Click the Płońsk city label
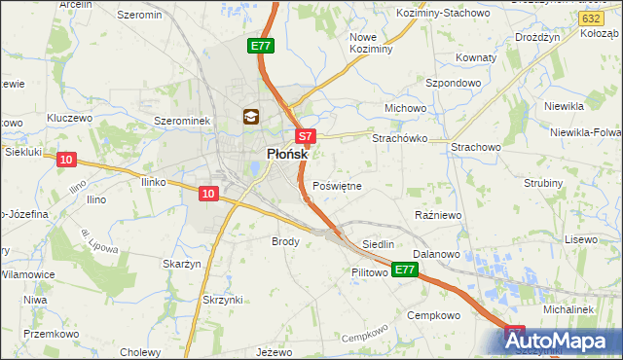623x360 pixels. pos(287,155)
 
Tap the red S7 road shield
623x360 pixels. pos(305,138)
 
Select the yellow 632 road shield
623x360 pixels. pos(588,18)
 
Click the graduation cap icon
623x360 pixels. pos(250,118)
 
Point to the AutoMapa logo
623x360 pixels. pos(563,341)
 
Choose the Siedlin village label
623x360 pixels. pos(378,244)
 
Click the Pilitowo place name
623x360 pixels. pos(371,273)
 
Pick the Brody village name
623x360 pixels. pos(285,240)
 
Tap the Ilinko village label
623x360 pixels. pos(156,181)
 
